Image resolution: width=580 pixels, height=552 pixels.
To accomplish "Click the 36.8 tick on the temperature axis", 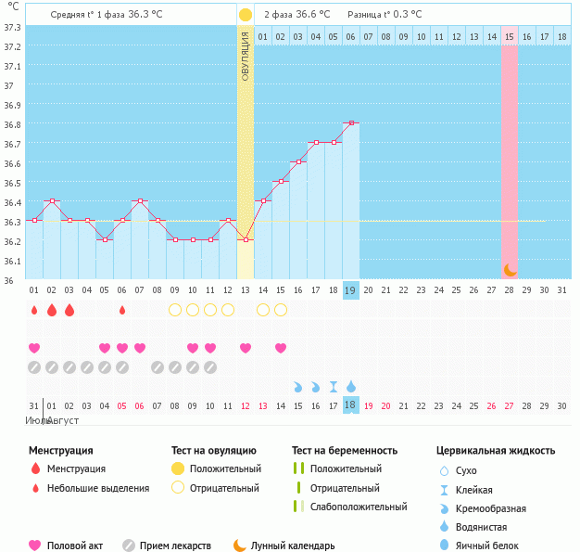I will [11, 124].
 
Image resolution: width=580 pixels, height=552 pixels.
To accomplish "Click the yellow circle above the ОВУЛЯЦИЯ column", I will [245, 15].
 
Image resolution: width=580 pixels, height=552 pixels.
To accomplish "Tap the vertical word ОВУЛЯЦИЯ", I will [245, 56].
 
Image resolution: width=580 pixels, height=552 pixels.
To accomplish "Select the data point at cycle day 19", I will [350, 122].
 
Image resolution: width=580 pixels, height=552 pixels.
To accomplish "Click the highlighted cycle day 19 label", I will [350, 290].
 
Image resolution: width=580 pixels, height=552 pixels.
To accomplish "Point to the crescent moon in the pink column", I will [510, 269].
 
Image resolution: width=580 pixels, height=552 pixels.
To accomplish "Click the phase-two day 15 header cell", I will [510, 36].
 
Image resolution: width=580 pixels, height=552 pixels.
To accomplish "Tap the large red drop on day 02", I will [52, 309].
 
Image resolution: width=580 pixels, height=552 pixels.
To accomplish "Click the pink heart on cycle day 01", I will [34, 348].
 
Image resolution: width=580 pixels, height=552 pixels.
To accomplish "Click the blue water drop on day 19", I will [350, 386].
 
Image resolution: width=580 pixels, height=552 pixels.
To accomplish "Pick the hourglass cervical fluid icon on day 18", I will [333, 386].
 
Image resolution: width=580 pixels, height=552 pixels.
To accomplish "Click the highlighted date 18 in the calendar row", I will [350, 405].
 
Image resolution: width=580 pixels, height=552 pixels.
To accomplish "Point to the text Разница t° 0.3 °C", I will [384, 15].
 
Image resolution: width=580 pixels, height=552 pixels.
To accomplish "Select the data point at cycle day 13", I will [245, 239].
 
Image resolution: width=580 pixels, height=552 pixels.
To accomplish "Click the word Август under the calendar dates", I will [63, 421].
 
